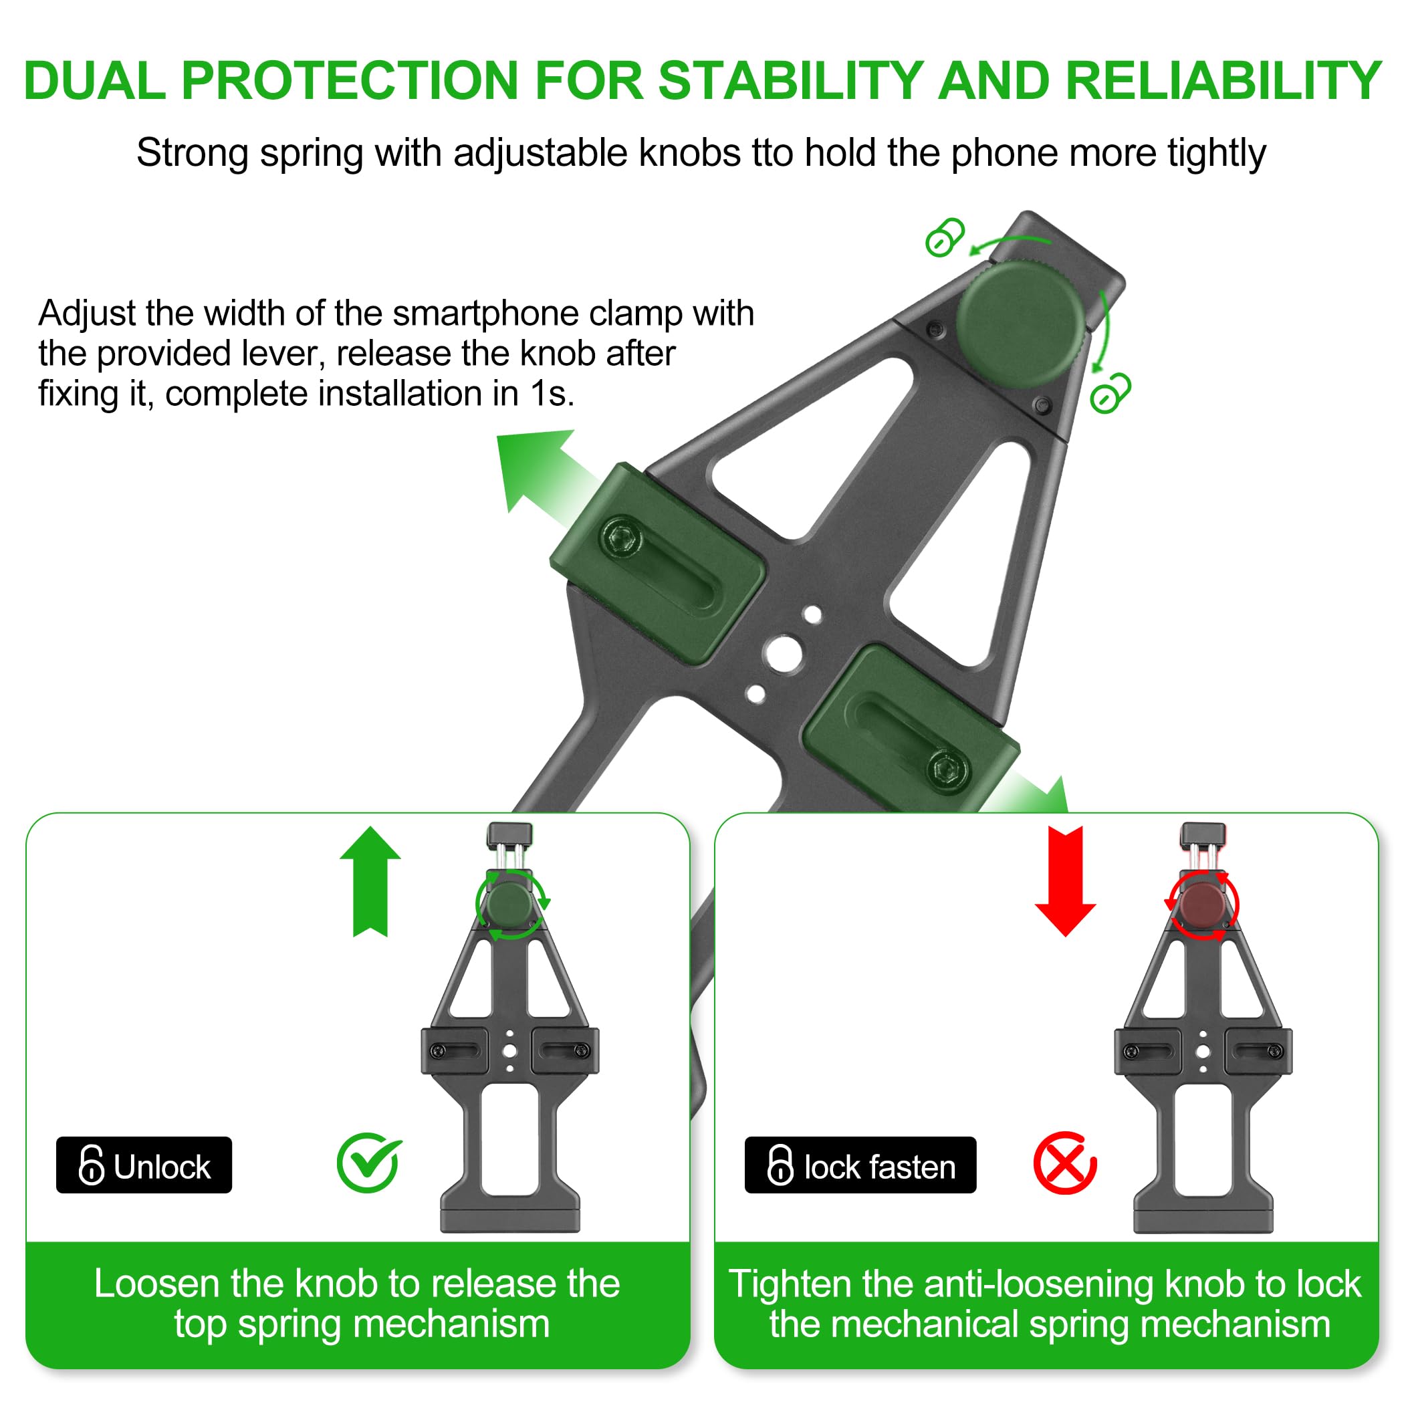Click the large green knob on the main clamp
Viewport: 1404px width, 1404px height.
(x=1020, y=324)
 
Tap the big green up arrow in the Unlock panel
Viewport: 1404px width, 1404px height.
(x=370, y=883)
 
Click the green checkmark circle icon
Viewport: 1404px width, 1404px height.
(x=368, y=1163)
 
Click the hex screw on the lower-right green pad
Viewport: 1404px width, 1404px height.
(x=947, y=768)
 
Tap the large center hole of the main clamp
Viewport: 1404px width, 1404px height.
(x=784, y=653)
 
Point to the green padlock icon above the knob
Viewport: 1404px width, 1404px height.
(x=944, y=237)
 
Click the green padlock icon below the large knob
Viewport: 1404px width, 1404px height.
(x=1110, y=394)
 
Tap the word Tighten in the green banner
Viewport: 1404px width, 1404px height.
(x=790, y=1284)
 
